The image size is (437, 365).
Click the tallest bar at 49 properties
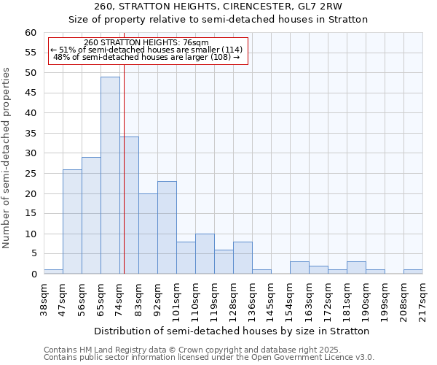[x=110, y=175]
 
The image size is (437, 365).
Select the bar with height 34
[x=129, y=205]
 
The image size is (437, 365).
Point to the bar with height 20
[x=148, y=234]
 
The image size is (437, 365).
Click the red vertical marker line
[x=125, y=182]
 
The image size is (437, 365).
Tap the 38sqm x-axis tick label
[x=44, y=298]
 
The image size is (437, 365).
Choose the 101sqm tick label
[x=177, y=299]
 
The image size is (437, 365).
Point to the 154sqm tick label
[x=291, y=299]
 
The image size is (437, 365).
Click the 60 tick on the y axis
[x=30, y=33]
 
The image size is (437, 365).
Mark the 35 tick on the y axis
[x=30, y=133]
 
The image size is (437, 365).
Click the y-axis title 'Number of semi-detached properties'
[x=7, y=158]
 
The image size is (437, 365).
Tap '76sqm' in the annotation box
[x=195, y=42]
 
